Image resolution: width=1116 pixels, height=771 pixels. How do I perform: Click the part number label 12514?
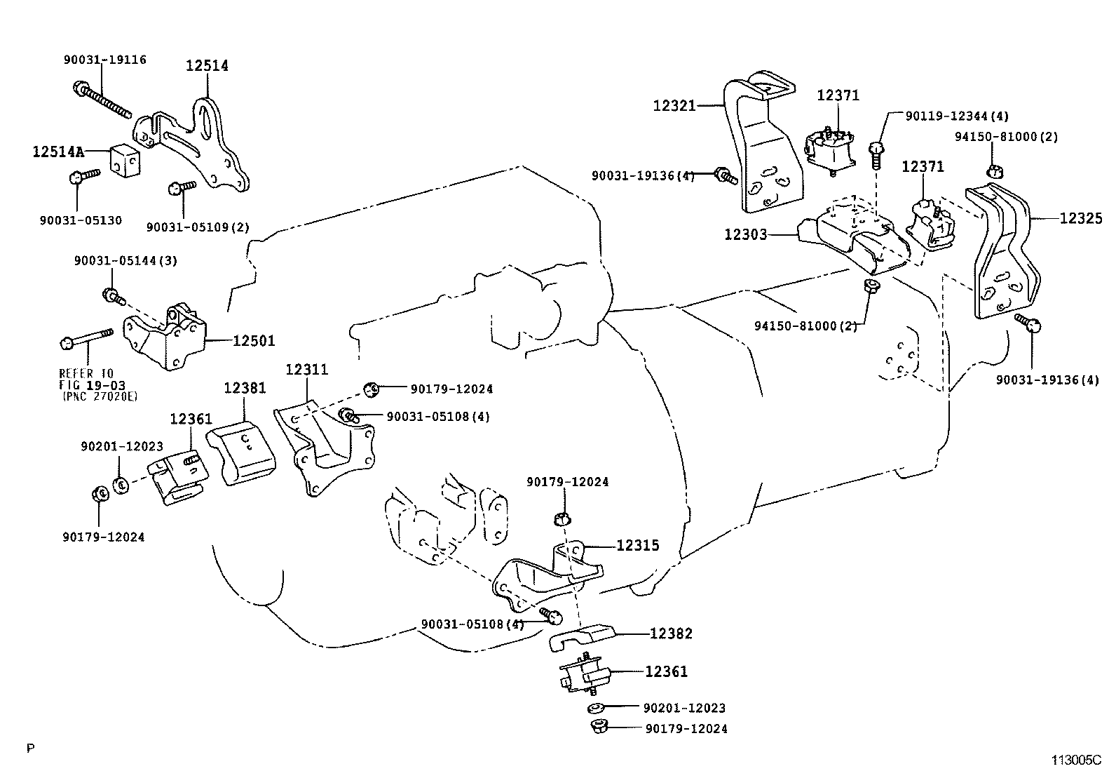207,66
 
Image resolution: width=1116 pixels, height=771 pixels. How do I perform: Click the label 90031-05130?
81,220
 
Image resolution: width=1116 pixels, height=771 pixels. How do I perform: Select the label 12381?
245,387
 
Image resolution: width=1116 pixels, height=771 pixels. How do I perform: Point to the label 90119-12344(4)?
957,116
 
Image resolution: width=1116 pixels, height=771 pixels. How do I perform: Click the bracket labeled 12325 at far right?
1002,253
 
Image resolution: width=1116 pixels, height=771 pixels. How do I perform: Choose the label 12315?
637,545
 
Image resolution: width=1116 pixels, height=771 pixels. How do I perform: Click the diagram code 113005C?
1075,760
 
